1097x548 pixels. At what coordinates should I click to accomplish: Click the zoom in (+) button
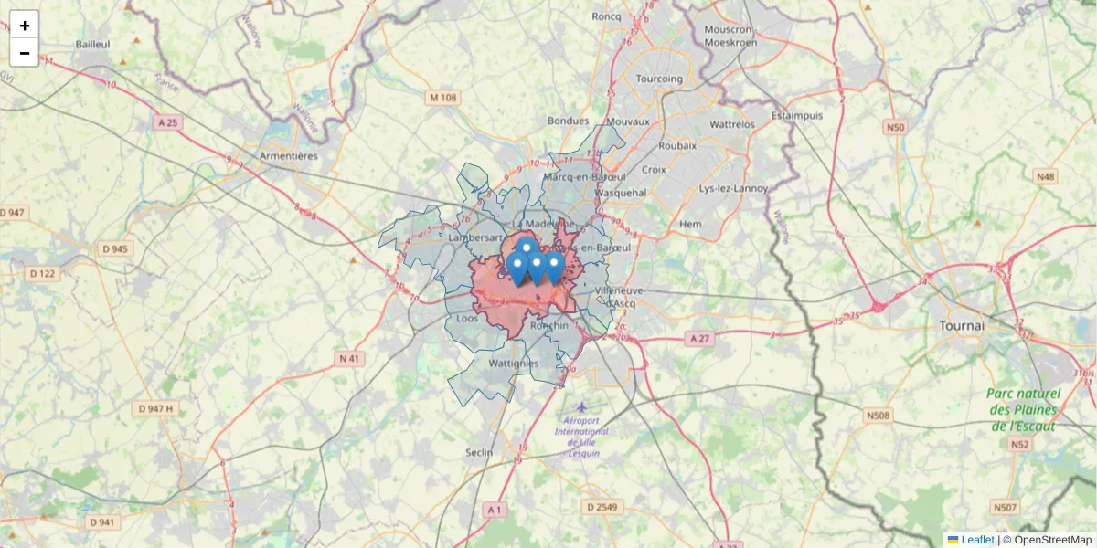[x=25, y=26]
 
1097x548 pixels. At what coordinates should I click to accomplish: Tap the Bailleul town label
[x=93, y=44]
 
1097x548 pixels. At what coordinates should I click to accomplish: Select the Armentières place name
[x=289, y=156]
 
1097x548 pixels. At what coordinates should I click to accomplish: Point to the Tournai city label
[x=962, y=325]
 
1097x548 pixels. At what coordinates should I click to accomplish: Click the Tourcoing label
[x=659, y=79]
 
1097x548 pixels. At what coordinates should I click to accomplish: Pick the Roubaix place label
[x=677, y=145]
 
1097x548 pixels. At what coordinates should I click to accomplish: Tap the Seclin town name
[x=479, y=452]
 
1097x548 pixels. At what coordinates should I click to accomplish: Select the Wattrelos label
[x=732, y=123]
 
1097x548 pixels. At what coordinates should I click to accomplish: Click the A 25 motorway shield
[x=167, y=121]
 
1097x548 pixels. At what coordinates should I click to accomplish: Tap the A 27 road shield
[x=699, y=338]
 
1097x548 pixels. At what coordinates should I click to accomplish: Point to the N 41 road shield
[x=349, y=359]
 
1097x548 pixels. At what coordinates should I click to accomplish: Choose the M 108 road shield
[x=442, y=98]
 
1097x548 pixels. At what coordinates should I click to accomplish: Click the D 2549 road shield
[x=602, y=507]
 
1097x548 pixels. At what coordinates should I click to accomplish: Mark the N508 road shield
[x=878, y=416]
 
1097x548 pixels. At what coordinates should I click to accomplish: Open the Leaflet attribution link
[x=977, y=540]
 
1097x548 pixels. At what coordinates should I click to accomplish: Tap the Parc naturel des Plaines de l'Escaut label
[x=1023, y=409]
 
